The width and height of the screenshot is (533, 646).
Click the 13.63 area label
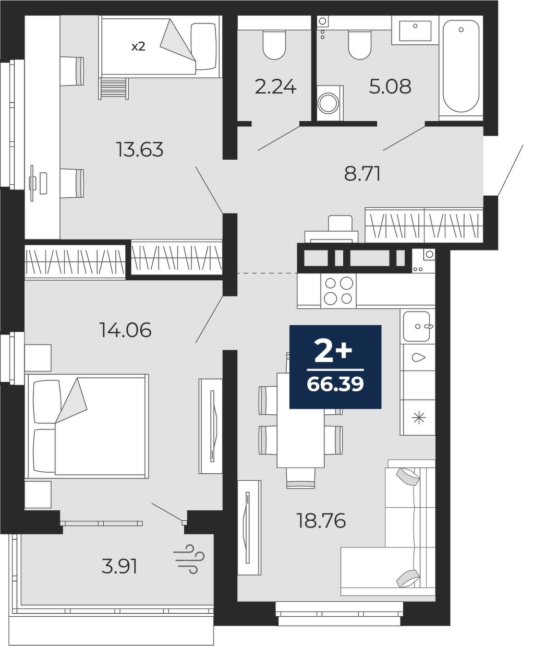click(x=140, y=149)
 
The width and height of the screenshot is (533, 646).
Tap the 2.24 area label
click(x=275, y=87)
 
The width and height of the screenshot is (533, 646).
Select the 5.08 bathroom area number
click(x=390, y=87)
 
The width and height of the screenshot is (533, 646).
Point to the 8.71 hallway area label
click(x=362, y=174)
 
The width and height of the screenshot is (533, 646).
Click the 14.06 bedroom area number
click(x=125, y=329)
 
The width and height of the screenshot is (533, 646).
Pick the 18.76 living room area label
click(x=321, y=521)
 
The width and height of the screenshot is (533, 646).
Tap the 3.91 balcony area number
click(x=119, y=567)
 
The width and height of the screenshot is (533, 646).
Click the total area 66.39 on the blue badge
click(x=335, y=385)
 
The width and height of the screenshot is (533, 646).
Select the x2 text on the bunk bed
click(x=138, y=47)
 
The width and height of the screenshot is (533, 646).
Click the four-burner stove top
click(x=338, y=291)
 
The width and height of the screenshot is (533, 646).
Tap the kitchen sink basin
click(x=417, y=327)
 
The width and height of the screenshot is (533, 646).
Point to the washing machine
click(x=330, y=103)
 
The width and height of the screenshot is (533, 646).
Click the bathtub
click(x=461, y=66)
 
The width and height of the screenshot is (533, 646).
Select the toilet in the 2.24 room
click(x=274, y=45)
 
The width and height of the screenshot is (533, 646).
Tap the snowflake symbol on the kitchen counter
click(x=419, y=418)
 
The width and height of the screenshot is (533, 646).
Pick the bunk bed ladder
click(x=113, y=88)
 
